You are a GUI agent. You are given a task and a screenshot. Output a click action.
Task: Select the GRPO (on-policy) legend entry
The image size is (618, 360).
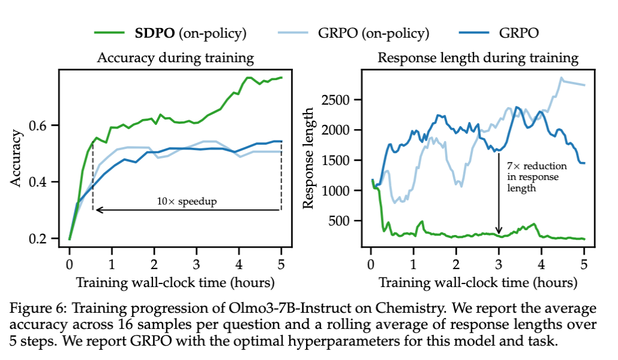pos(370,32)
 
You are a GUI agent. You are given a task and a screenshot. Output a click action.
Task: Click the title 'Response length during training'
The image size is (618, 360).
pos(478,58)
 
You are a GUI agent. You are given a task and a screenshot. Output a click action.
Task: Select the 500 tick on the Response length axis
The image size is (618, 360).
pos(342,221)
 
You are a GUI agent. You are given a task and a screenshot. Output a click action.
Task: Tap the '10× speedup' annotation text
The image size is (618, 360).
pos(188,202)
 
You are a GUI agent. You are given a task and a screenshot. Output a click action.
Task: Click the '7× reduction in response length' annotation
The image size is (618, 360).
pos(537,176)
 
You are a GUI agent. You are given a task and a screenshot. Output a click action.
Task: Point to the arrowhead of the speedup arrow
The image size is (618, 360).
pos(96,210)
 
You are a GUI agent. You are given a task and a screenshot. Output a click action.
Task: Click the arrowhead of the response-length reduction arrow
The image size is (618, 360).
pos(499,232)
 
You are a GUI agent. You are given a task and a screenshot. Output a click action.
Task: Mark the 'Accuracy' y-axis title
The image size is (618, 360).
pos(18,158)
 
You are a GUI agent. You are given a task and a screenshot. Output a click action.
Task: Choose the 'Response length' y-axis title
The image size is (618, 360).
pos(308,158)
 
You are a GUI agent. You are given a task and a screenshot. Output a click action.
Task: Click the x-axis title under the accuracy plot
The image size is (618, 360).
pos(175,282)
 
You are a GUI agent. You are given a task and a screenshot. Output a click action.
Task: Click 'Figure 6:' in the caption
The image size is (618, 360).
pos(36,309)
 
